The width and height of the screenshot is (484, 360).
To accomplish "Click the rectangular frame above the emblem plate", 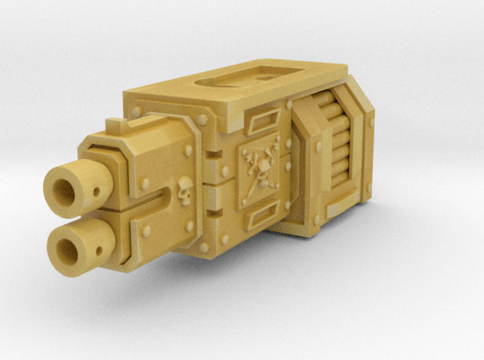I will point(261,125).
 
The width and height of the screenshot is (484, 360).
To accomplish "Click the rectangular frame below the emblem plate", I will point(261,220).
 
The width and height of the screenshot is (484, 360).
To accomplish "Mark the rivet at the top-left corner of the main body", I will point(137,111).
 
